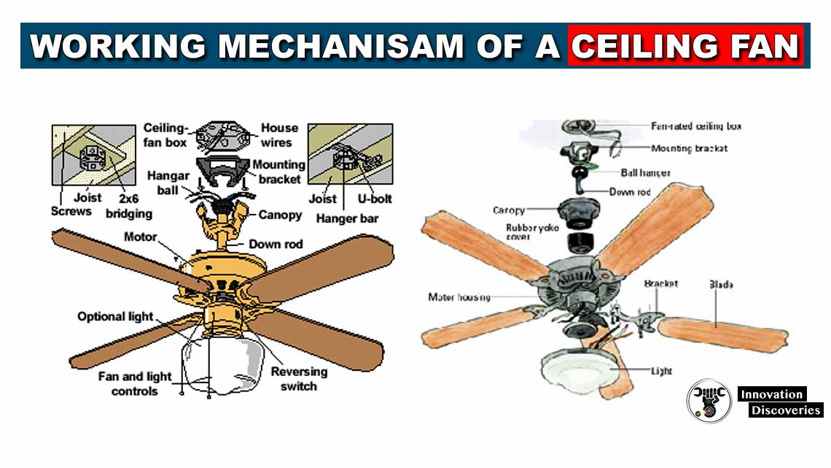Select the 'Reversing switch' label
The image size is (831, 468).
pyautogui.click(x=299, y=378)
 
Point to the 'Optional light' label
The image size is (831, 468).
pyautogui.click(x=116, y=316)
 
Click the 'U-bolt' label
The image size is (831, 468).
pyautogui.click(x=372, y=198)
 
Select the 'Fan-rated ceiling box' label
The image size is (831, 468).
pyautogui.click(x=695, y=126)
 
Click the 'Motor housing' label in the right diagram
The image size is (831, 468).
pyautogui.click(x=459, y=297)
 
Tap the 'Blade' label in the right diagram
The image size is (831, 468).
pyautogui.click(x=721, y=284)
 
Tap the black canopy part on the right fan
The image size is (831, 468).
pyautogui.click(x=580, y=211)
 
